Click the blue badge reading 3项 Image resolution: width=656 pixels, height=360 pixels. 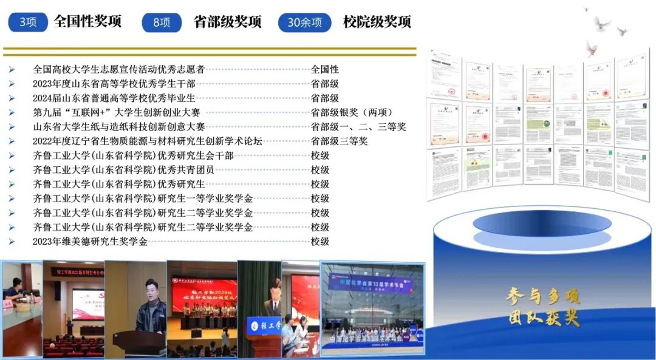pos(29,22)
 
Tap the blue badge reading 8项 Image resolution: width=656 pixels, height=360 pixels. pos(162,22)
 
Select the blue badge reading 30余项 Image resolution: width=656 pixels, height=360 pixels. pos(304,22)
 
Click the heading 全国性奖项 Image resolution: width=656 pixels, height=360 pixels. pos(87,22)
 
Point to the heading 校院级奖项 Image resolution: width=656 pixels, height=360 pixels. pos(377,22)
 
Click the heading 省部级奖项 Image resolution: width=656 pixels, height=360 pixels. pos(227,22)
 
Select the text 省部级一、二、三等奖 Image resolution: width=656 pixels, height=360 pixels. pos(358,127)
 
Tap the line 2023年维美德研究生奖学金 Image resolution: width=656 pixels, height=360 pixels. pos(90,242)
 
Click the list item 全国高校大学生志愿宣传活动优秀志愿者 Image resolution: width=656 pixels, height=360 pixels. pos(118,69)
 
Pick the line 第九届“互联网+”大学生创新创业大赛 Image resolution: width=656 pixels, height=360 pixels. pos(117,112)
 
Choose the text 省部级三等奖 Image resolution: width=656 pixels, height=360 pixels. pos(340,141)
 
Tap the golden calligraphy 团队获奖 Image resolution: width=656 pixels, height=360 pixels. pos(543,318)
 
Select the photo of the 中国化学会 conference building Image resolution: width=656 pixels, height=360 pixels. pos(372,310)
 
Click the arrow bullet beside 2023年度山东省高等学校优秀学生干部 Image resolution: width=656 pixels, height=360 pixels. pos(11,84)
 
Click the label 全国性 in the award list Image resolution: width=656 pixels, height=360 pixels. pos(325,69)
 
